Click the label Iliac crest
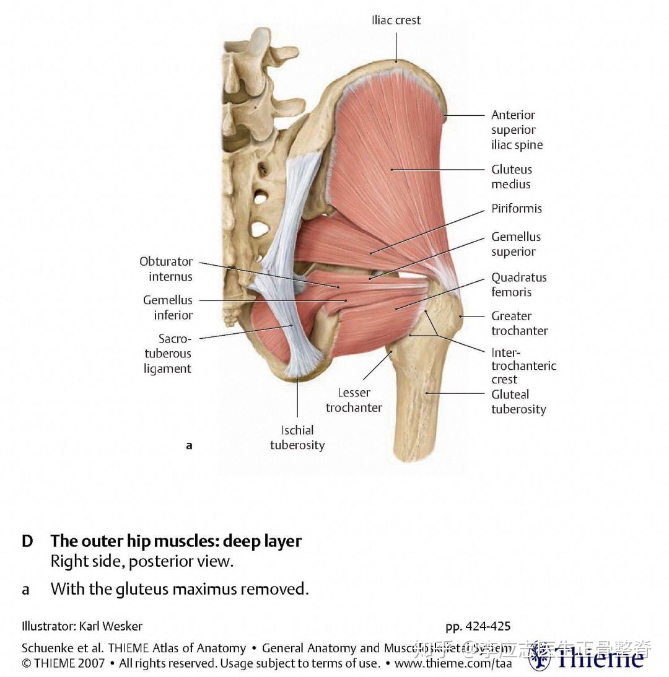coord(396,20)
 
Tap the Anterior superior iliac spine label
coord(517,130)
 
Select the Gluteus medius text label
coord(512,177)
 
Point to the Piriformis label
coord(517,209)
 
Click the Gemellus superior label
coord(516,244)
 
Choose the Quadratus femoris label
coord(519,284)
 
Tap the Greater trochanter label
coord(519,323)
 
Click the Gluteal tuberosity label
coord(518,401)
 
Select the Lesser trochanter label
coord(354,400)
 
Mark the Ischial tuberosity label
coord(297,437)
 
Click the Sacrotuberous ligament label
coord(167,354)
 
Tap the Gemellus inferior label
coord(168,307)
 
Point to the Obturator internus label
coord(166,269)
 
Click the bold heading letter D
coord(27,541)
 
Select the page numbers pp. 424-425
coord(478,626)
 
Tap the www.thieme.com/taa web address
coord(453,663)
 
